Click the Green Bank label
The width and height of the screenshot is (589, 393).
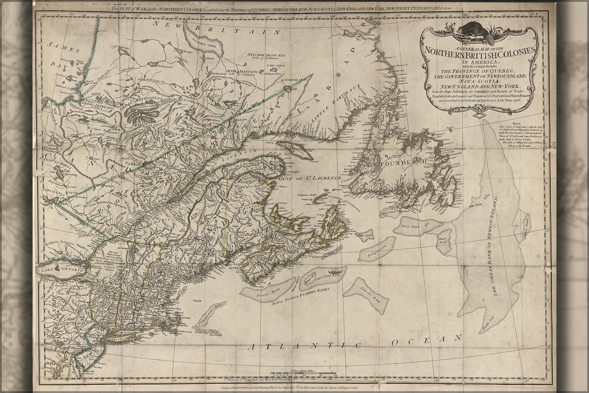point(410,226)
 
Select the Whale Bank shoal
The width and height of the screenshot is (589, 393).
point(443,241)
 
